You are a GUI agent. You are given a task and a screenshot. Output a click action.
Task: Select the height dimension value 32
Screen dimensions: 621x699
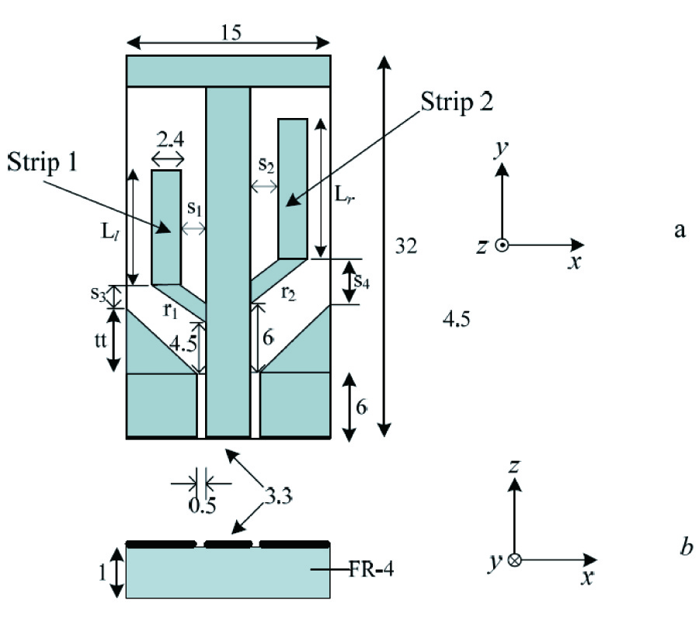pyautogui.click(x=406, y=247)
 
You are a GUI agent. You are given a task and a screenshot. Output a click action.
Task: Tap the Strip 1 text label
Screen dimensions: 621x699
pyautogui.click(x=47, y=163)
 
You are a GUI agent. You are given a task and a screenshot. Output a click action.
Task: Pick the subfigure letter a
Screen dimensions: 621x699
pyautogui.click(x=680, y=230)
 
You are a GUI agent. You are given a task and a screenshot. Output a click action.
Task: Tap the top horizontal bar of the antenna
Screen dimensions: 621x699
pyautogui.click(x=230, y=71)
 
